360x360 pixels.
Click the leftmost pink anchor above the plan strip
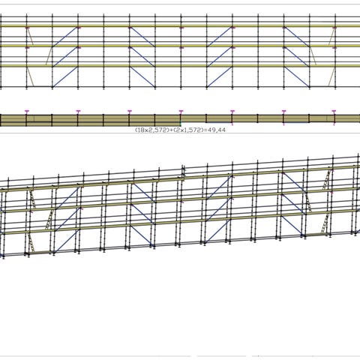tap(27, 111)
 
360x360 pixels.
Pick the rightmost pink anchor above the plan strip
tap(334, 111)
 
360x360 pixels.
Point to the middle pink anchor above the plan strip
tap(181, 111)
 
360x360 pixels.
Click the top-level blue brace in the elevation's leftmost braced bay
tap(65, 37)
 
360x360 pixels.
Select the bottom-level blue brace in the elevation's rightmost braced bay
tap(297, 76)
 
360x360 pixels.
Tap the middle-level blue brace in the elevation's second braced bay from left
tap(142, 56)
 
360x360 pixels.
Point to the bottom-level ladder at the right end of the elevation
tap(331, 77)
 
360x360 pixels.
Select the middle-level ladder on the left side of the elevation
tap(49, 56)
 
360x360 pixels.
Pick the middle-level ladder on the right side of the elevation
tap(313, 56)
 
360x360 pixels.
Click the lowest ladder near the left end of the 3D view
tap(31, 243)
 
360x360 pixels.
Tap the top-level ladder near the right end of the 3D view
tap(327, 180)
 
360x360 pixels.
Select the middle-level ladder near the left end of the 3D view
tap(49, 220)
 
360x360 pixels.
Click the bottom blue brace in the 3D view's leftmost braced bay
tap(67, 241)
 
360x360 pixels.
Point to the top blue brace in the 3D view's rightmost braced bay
tap(293, 182)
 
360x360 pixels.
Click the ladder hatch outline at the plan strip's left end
tap(30, 118)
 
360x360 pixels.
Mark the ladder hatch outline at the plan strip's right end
tap(331, 118)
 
